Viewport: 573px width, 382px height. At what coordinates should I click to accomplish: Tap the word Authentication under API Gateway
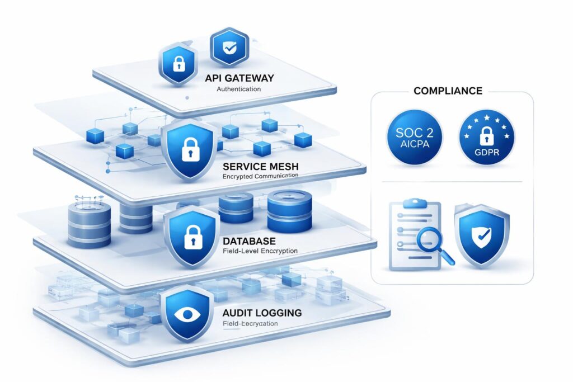click(x=237, y=89)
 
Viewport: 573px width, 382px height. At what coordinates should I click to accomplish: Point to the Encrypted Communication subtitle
click(x=260, y=176)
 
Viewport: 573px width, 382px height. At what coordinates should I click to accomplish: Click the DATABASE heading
click(x=248, y=241)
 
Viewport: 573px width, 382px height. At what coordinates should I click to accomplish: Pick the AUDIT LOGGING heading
click(x=262, y=313)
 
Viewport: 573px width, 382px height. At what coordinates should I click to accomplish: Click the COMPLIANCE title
click(x=447, y=91)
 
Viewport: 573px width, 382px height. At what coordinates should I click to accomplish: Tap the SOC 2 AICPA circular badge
click(x=414, y=137)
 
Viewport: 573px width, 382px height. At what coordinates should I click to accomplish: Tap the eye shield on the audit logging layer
click(x=187, y=314)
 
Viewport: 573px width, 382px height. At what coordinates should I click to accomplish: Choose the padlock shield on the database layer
click(x=190, y=237)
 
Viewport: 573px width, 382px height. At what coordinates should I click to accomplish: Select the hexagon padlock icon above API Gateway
click(x=177, y=64)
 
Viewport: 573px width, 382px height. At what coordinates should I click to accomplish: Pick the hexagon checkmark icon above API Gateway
click(x=228, y=49)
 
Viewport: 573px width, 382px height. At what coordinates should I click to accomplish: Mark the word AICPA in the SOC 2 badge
click(x=414, y=145)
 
